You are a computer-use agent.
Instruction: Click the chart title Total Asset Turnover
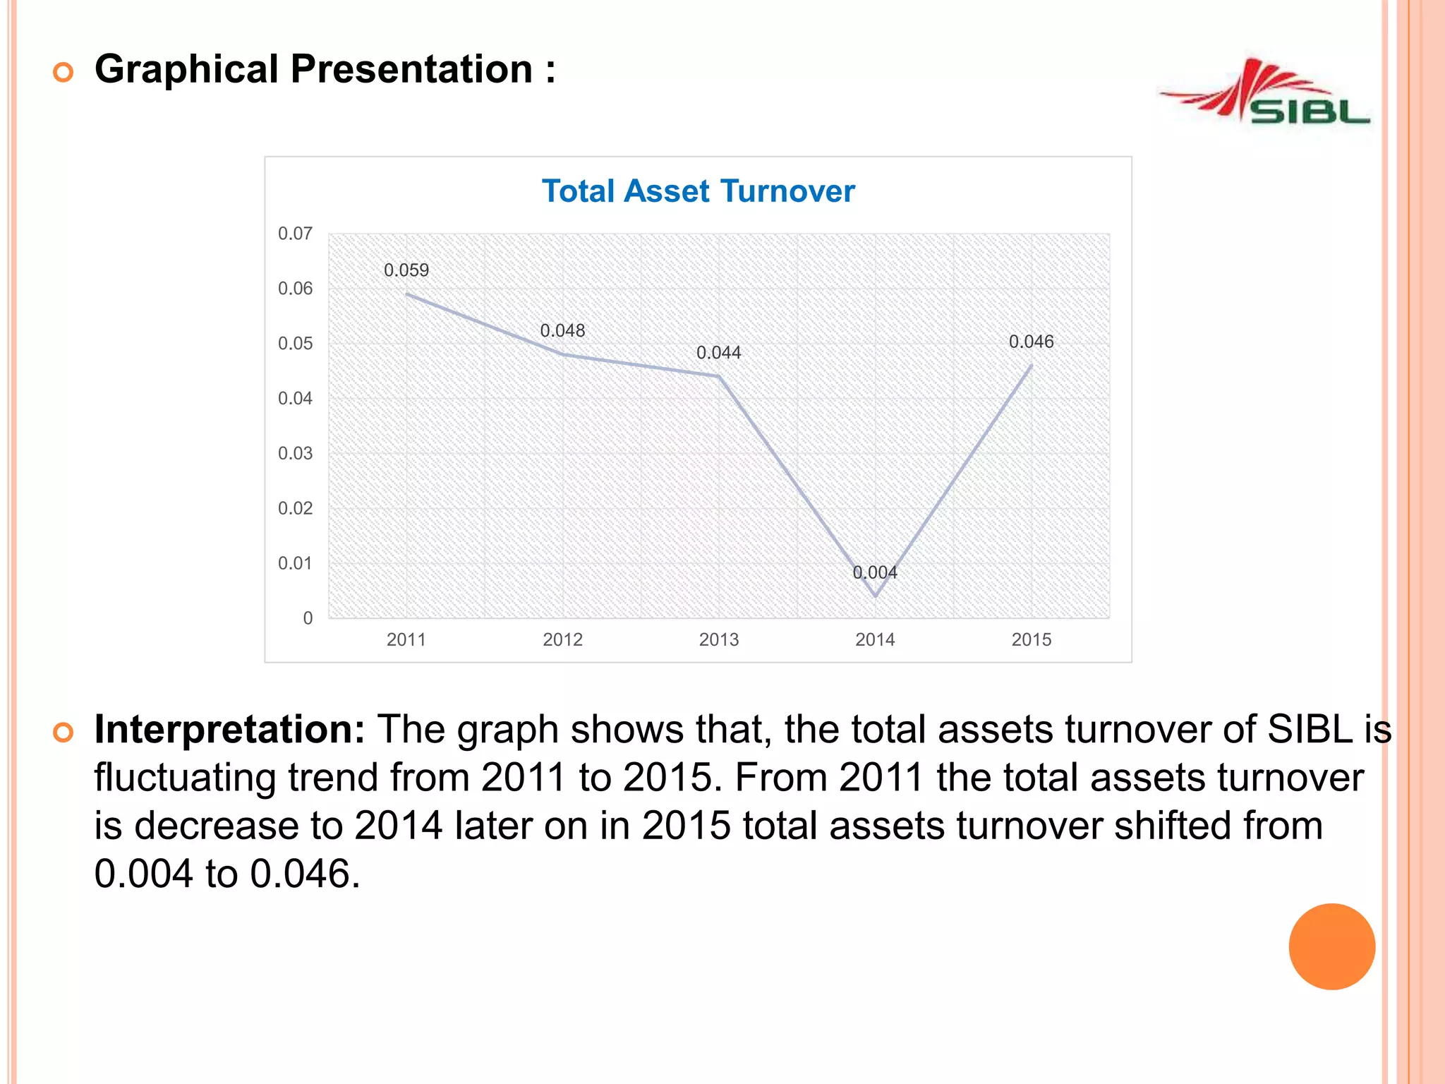(698, 191)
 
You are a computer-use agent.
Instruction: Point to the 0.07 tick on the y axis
(295, 234)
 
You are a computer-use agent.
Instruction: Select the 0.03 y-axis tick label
(295, 454)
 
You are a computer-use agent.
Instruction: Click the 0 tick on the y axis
(308, 618)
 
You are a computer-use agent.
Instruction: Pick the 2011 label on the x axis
(406, 640)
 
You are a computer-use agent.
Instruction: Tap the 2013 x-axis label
(719, 640)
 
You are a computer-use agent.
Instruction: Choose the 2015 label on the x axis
(1032, 640)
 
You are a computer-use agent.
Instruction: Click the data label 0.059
(406, 270)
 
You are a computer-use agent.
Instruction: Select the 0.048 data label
(562, 331)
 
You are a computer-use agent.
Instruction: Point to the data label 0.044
(719, 353)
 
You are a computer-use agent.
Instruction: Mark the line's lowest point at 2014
(876, 596)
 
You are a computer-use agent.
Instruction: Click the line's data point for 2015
(1032, 366)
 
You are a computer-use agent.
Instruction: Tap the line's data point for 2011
(406, 294)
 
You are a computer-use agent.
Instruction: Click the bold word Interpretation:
(229, 729)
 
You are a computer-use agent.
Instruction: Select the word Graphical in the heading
(186, 69)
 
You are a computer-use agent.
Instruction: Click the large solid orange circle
(1331, 946)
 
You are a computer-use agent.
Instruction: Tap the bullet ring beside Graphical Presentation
(64, 72)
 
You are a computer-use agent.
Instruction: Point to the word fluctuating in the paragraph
(185, 778)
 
